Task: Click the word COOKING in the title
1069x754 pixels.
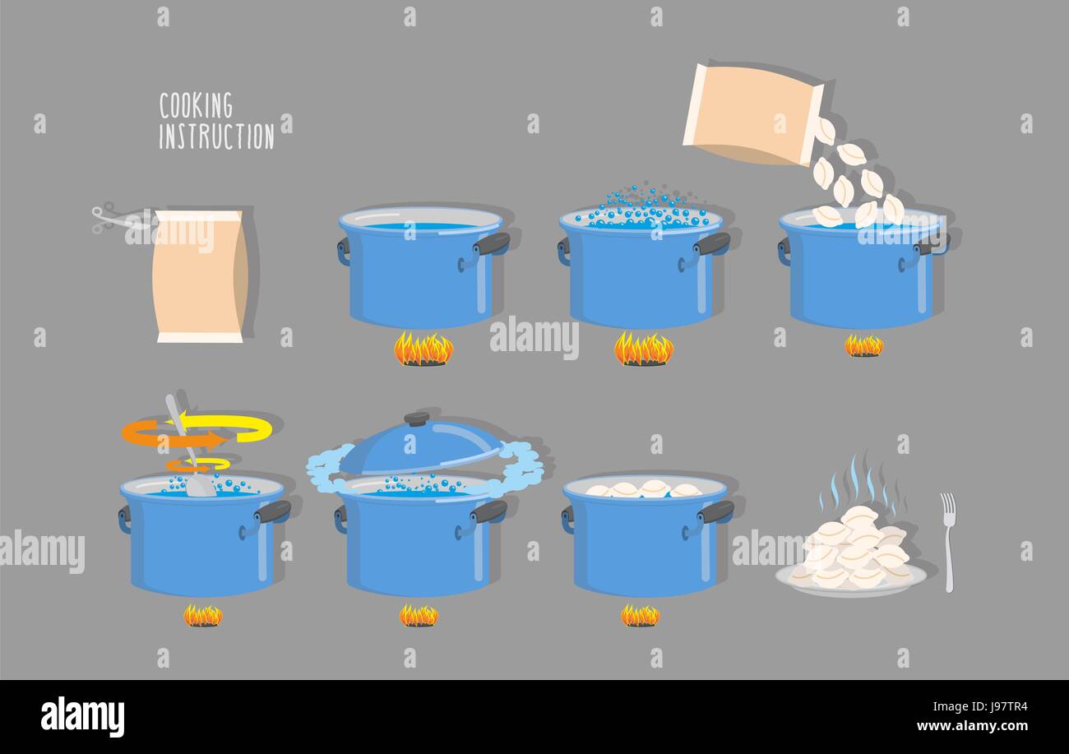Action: [x=196, y=106]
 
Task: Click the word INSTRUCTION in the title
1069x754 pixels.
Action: [x=216, y=136]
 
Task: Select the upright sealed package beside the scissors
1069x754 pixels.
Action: [x=199, y=275]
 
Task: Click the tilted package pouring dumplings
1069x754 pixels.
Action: [x=752, y=113]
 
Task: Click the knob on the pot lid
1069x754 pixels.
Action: [x=417, y=419]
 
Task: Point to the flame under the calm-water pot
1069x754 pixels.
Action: [x=423, y=349]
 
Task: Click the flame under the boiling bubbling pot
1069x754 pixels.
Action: [x=643, y=349]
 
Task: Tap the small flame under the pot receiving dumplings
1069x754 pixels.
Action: [x=863, y=346]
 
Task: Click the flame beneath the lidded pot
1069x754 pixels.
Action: [x=419, y=615]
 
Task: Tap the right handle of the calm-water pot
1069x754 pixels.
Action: [x=492, y=244]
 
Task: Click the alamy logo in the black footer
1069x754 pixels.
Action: [x=82, y=716]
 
